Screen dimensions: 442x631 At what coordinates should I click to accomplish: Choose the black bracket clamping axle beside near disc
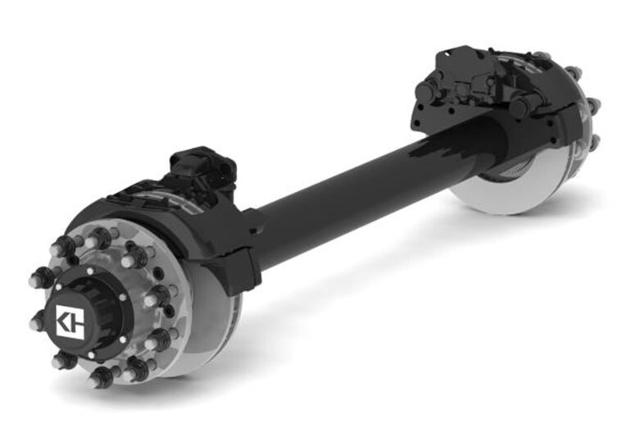[238, 246]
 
